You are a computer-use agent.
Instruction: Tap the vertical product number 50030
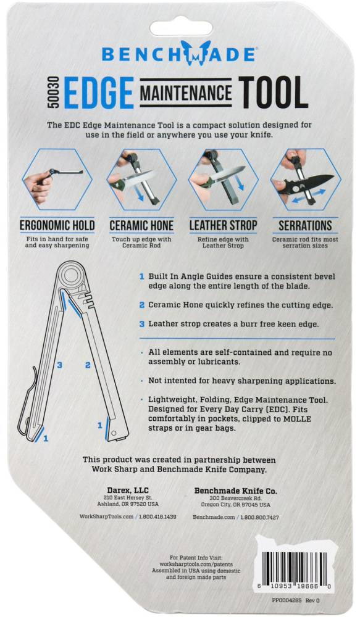click(x=54, y=93)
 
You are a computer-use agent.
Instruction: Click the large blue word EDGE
click(x=99, y=93)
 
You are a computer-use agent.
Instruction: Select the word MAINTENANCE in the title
click(x=186, y=93)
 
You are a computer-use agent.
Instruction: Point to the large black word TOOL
click(x=274, y=93)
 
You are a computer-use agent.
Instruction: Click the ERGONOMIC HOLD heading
click(x=57, y=225)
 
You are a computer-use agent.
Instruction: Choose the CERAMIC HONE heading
click(x=141, y=225)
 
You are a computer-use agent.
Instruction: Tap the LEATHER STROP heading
click(x=223, y=225)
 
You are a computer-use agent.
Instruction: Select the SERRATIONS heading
click(x=305, y=225)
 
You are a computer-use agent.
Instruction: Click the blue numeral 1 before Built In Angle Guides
click(x=142, y=276)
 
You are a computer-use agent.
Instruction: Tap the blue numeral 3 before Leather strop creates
click(x=142, y=325)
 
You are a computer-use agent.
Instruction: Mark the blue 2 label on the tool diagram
click(x=88, y=365)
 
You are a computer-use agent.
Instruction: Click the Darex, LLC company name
click(x=128, y=491)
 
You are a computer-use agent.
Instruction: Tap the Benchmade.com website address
click(x=214, y=517)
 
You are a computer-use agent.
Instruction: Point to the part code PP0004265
click(x=287, y=600)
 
